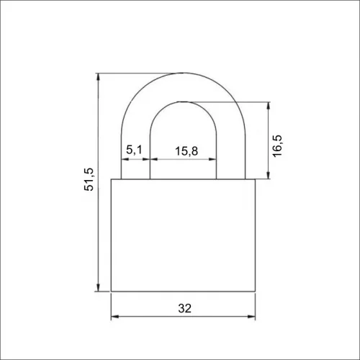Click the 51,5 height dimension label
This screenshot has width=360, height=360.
[89, 179]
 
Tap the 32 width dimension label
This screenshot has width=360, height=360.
[185, 308]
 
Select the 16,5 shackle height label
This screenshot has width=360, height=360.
[277, 146]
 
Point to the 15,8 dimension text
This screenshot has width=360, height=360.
[186, 151]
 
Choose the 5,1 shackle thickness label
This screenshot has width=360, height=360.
[135, 150]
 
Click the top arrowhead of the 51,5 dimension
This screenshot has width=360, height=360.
[98, 76]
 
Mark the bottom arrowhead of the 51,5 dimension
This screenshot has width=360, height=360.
[98, 287]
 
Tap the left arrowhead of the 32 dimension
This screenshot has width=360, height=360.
[115, 317]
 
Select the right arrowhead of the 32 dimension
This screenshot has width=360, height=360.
[251, 317]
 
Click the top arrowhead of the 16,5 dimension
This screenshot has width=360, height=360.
[269, 106]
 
